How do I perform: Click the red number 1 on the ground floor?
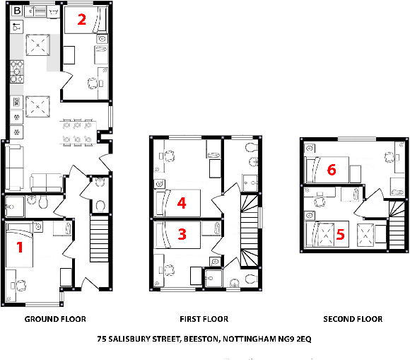(x=20, y=248)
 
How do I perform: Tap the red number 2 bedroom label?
(x=82, y=20)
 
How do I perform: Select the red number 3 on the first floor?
(x=182, y=234)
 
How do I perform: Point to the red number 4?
(x=182, y=204)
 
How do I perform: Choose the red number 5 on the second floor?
(x=341, y=234)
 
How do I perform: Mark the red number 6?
(x=332, y=170)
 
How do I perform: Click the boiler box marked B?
(x=17, y=11)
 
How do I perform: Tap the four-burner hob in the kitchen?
(x=16, y=69)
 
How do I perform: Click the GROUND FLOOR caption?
(x=56, y=319)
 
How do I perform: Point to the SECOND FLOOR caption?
(x=353, y=319)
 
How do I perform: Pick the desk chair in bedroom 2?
(x=91, y=83)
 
